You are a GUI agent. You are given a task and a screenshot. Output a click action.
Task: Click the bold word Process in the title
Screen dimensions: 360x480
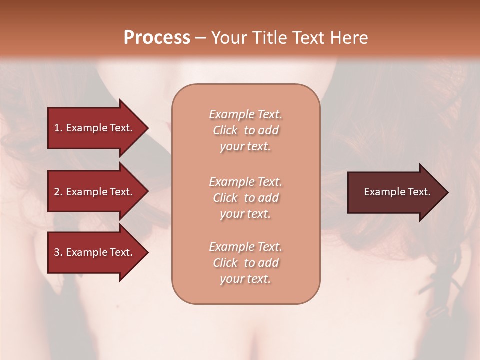tap(157, 37)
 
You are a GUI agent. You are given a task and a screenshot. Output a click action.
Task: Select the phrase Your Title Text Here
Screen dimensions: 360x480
tap(289, 37)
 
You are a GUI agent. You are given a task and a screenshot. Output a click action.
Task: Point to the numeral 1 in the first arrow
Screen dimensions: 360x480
tap(57, 128)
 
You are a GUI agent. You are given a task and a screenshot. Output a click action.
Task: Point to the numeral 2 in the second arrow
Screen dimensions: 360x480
tap(57, 192)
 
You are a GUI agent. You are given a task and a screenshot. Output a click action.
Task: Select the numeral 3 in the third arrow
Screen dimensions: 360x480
tap(57, 252)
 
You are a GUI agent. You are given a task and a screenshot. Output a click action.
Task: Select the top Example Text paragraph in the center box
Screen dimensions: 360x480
tap(245, 130)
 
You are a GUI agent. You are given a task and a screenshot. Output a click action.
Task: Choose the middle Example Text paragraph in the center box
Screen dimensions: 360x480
tap(245, 198)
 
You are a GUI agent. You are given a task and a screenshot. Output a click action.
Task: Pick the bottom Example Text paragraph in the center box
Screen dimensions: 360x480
tap(245, 263)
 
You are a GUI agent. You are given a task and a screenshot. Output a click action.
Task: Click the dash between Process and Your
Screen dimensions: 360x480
tap(200, 38)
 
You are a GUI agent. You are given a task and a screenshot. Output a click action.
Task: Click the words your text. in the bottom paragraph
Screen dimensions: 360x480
tap(245, 279)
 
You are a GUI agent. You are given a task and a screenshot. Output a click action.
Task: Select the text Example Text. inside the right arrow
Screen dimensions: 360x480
tap(397, 192)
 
